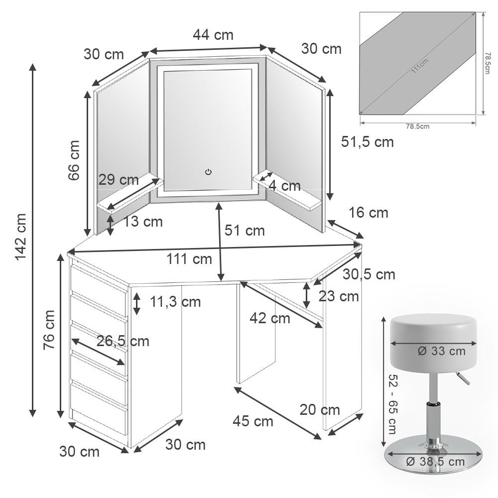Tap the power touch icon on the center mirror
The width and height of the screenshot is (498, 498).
tap(208, 172)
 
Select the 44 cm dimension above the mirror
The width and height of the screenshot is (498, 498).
tap(213, 35)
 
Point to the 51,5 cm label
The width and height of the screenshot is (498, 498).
tap(368, 142)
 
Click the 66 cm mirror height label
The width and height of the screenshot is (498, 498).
tap(74, 160)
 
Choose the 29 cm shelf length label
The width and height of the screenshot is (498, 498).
tap(119, 180)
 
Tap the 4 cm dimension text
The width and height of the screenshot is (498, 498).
tap(284, 186)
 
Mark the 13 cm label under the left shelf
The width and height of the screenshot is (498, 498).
tap(143, 222)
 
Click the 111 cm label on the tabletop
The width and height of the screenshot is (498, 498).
tap(189, 259)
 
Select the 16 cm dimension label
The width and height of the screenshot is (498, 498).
tap(368, 213)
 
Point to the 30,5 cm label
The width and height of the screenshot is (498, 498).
tap(369, 274)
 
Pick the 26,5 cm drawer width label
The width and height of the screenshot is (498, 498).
tap(123, 341)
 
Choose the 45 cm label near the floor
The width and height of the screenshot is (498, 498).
tap(253, 421)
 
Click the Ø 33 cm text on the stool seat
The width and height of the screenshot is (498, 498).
tap(441, 351)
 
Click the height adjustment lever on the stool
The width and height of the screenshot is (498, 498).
tap(463, 379)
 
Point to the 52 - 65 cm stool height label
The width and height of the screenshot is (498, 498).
tap(391, 404)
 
